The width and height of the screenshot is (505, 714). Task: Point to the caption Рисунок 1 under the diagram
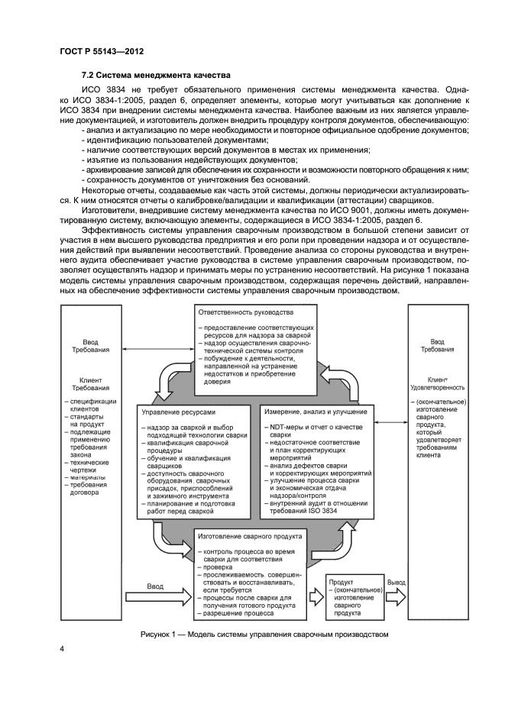click(x=265, y=633)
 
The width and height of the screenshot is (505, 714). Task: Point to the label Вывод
click(x=396, y=583)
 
